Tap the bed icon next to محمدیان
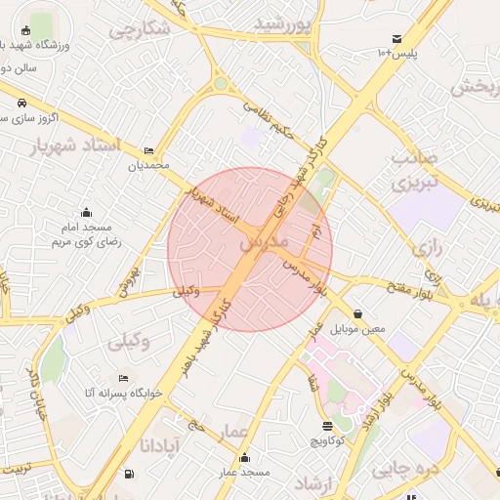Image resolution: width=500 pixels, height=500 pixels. click(148, 150)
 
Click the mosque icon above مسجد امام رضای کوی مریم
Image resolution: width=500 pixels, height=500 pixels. click(86, 213)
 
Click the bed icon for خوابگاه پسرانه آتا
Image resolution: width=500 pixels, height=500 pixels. click(122, 378)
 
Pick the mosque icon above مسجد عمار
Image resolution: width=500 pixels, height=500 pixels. click(243, 458)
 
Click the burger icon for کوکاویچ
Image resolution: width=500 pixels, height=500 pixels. click(327, 427)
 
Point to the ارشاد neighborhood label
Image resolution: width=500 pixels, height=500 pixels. click(314, 481)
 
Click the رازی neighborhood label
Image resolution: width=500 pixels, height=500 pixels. click(427, 248)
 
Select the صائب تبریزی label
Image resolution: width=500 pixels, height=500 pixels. click(411, 169)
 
